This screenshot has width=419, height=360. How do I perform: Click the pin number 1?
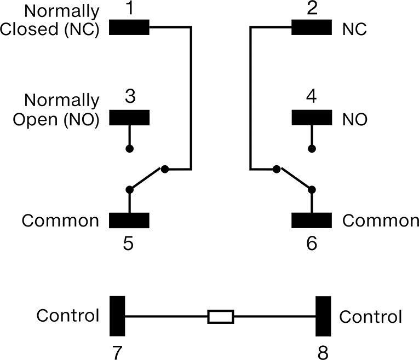pos(130,8)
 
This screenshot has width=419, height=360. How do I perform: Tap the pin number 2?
pos(312,8)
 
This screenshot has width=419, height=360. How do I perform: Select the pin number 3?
pos(130,96)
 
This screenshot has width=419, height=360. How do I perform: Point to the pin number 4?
pos(312,96)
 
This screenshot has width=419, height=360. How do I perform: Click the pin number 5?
pos(128,243)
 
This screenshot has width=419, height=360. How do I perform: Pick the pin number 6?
pos(312,243)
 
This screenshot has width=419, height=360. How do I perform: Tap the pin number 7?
pos(117,353)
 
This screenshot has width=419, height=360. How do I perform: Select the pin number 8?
pos(323,353)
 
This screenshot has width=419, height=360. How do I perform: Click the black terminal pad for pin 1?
pos(129,27)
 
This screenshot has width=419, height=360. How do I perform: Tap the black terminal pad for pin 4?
pos(312,118)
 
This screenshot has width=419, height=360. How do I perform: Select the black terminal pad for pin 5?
pos(129,220)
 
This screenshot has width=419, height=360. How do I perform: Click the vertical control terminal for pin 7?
pos(117,316)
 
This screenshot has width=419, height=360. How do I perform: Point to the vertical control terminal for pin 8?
pos(323,316)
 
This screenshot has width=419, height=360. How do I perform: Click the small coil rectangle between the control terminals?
pos(221,317)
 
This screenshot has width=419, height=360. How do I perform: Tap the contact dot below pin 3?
pos(130,149)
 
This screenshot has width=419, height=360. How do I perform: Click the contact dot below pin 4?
pos(312,149)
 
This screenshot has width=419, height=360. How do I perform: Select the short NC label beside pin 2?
pos(354,29)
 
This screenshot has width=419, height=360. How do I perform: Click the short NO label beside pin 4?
pos(355,119)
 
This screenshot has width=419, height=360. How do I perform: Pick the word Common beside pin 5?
pos(60,220)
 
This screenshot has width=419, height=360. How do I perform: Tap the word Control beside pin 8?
pos(371,317)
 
